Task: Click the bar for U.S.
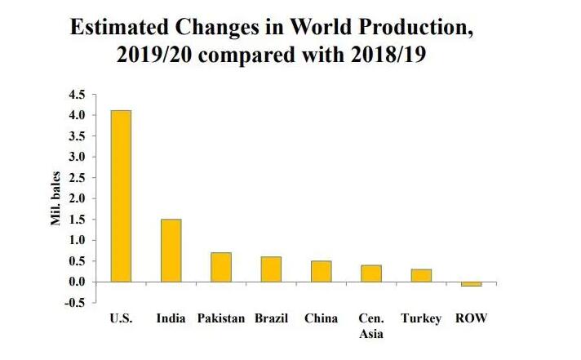click(121, 196)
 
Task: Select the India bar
click(171, 250)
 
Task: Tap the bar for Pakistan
click(221, 267)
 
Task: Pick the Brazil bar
click(271, 269)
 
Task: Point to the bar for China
click(321, 271)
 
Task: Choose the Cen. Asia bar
click(371, 273)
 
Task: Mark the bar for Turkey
click(421, 275)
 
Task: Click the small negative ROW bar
click(471, 284)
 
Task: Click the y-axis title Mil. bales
click(58, 199)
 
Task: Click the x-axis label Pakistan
click(221, 318)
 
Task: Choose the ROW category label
click(471, 318)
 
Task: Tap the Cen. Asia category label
click(371, 326)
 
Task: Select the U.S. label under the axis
click(121, 318)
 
